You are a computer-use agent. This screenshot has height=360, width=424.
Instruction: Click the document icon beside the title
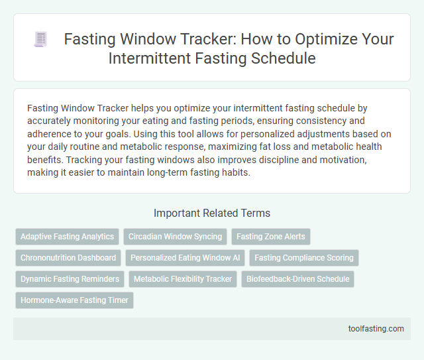pyautogui.click(x=40, y=40)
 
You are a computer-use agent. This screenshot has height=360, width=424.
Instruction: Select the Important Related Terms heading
pyautogui.click(x=211, y=213)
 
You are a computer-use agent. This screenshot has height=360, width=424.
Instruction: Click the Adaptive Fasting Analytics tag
pyautogui.click(x=68, y=237)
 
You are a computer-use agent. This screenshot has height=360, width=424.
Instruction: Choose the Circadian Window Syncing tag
pyautogui.click(x=175, y=237)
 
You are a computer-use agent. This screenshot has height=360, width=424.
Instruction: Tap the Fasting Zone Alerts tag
pyautogui.click(x=270, y=237)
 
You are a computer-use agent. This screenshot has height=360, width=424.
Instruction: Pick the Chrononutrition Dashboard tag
pyautogui.click(x=68, y=258)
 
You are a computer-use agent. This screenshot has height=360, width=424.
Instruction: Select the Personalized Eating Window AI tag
pyautogui.click(x=185, y=258)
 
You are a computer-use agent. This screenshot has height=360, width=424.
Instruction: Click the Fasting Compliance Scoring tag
pyautogui.click(x=304, y=258)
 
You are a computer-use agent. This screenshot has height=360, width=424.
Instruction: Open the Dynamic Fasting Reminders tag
pyautogui.click(x=70, y=279)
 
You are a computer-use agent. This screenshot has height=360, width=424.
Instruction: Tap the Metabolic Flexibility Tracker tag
pyautogui.click(x=182, y=279)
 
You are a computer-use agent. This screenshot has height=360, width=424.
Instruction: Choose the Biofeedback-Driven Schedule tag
pyautogui.click(x=297, y=279)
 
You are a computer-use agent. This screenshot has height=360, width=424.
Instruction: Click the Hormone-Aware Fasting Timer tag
pyautogui.click(x=74, y=300)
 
